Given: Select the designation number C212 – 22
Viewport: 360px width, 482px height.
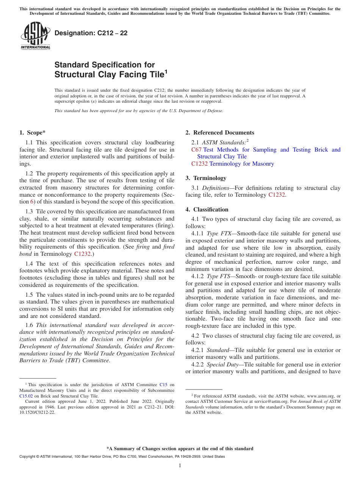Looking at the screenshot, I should point(91,33).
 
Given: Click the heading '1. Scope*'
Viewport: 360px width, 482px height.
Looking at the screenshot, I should point(32,133).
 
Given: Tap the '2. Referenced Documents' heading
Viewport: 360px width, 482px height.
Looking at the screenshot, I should point(220,133).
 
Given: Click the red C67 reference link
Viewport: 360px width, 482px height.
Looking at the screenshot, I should point(196,150).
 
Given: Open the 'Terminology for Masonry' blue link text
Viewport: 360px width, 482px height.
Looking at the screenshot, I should point(241,164).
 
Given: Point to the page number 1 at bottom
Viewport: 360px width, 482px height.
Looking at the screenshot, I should point(180,465).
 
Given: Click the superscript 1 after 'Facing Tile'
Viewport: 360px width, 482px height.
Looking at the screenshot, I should point(166,71).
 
